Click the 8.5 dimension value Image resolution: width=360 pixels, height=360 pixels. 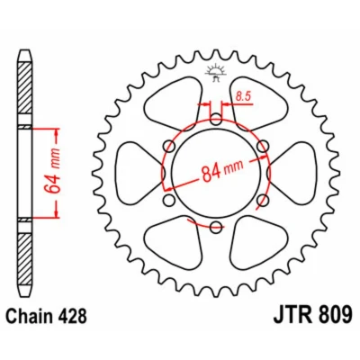coord(243,96)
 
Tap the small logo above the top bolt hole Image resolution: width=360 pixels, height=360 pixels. coord(215,73)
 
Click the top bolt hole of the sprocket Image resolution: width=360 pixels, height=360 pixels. coord(216,119)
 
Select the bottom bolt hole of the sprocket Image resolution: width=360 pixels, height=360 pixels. coord(216,227)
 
